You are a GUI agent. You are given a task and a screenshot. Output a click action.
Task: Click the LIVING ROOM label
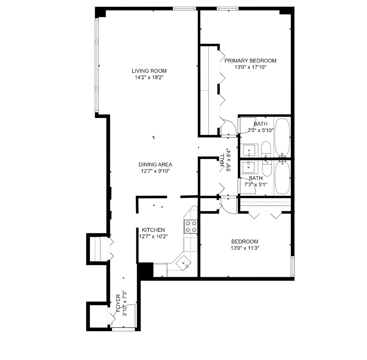pyautogui.click(x=149, y=71)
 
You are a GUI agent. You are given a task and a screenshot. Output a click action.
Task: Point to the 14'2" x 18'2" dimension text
pyautogui.click(x=149, y=77)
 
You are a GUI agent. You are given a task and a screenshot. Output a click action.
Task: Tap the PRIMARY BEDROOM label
pyautogui.click(x=250, y=61)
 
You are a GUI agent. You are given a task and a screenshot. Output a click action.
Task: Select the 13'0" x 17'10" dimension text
pyautogui.click(x=250, y=67)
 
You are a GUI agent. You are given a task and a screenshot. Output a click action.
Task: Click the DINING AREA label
pyautogui.click(x=155, y=164)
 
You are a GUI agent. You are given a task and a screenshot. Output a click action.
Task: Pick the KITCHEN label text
pyautogui.click(x=153, y=230)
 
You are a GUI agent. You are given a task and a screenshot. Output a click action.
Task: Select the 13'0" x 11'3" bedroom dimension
pyautogui.click(x=245, y=248)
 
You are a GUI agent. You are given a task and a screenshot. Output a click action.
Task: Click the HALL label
pyautogui.click(x=222, y=160)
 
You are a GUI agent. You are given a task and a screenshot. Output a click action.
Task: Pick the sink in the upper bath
pyautogui.click(x=249, y=150)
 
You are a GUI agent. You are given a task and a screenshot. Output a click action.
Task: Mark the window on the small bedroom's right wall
pyautogui.click(x=293, y=266)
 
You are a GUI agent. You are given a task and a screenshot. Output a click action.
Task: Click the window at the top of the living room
pyautogui.click(x=184, y=8)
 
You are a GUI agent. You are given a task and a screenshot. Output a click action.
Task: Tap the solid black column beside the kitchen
pyautogui.click(x=145, y=270)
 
